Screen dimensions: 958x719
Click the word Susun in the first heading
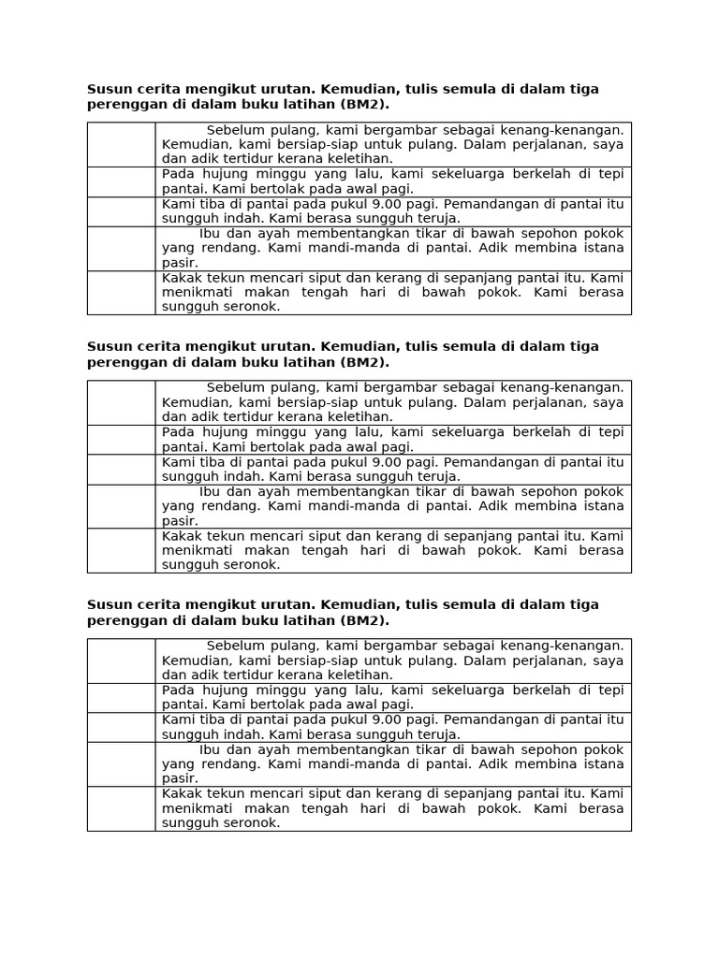pyautogui.click(x=107, y=89)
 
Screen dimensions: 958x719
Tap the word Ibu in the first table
pyautogui.click(x=210, y=233)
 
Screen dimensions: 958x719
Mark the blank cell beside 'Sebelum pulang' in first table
pyautogui.click(x=121, y=144)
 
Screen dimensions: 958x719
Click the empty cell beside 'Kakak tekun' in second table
pyautogui.click(x=121, y=550)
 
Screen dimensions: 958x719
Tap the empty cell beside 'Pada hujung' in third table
pyautogui.click(x=121, y=697)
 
